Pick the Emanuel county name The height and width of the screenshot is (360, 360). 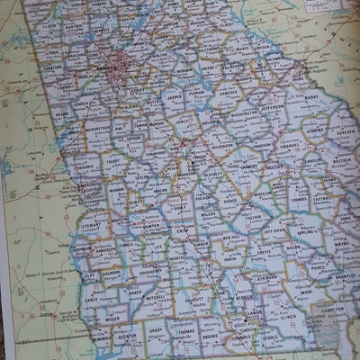286,148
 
